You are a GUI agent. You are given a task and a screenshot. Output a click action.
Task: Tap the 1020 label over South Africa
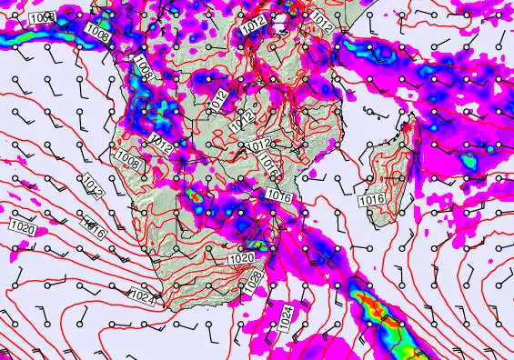(x=240, y=258)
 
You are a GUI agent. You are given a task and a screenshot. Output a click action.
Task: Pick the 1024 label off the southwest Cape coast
(x=142, y=294)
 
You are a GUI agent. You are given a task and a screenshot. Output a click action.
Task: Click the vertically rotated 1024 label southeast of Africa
(x=286, y=318)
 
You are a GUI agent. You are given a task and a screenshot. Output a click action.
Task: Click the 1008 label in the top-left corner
(x=42, y=19)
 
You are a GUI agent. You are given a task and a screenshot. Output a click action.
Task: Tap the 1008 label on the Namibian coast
(x=128, y=161)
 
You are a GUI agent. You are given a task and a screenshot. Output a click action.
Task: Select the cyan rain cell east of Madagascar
(x=470, y=161)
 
